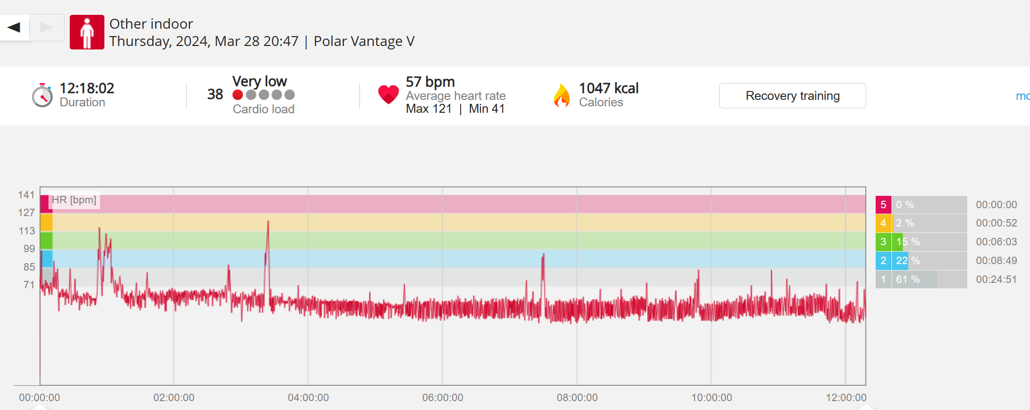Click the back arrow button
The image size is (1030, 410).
[x=14, y=27]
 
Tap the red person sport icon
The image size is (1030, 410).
[x=87, y=32]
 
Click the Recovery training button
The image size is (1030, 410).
[x=792, y=95]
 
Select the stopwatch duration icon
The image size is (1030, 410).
[x=42, y=95]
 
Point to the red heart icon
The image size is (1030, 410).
[x=388, y=94]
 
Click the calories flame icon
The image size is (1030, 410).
[x=562, y=95]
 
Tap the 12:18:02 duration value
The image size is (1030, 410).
[x=87, y=88]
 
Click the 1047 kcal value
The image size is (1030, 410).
[x=609, y=88]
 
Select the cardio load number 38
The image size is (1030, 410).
[x=215, y=94]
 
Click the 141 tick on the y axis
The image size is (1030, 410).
[x=26, y=195]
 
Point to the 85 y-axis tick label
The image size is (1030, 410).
[x=29, y=267]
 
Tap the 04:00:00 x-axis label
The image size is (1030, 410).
[x=308, y=398]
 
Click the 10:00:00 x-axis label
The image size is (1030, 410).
[x=711, y=398]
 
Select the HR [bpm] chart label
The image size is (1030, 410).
[x=74, y=200]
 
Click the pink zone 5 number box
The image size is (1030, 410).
[x=883, y=205]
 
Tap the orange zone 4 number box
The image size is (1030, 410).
[x=883, y=223]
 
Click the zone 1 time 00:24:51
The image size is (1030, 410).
[x=996, y=279]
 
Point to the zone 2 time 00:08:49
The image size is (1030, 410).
[x=996, y=261]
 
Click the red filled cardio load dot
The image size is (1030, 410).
[x=238, y=94]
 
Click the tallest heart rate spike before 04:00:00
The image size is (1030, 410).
[x=268, y=222]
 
